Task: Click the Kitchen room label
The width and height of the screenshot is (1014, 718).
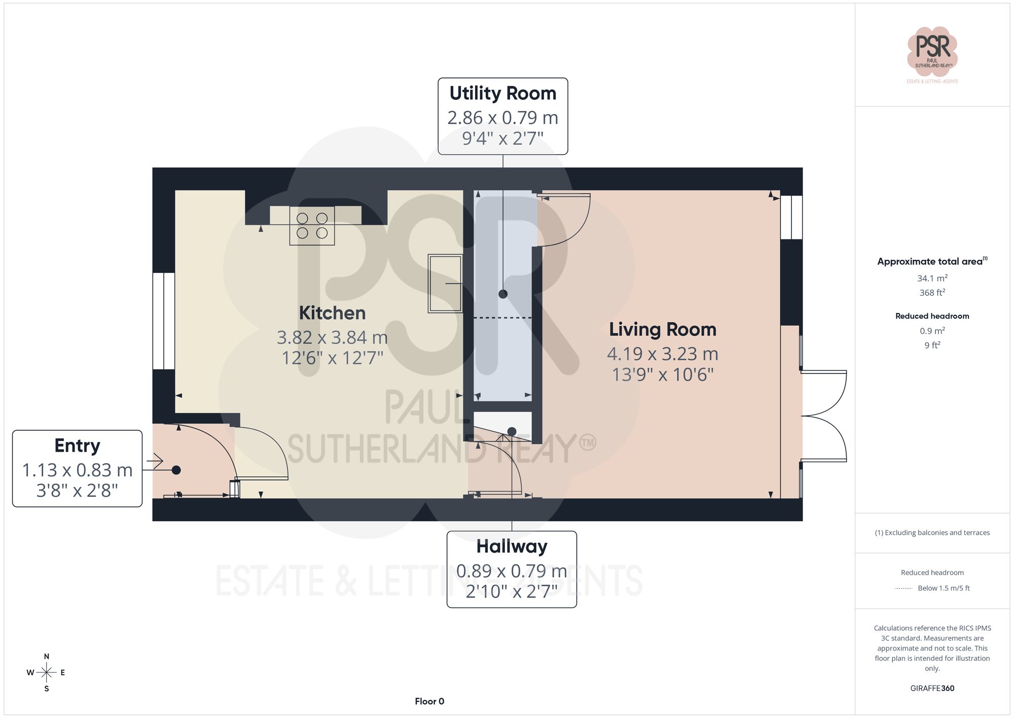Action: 332,313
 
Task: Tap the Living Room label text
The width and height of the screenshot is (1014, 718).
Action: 663,329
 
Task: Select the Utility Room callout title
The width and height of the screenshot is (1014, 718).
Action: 502,93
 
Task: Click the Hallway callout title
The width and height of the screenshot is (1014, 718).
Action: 512,546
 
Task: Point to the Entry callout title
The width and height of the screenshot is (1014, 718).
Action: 77,446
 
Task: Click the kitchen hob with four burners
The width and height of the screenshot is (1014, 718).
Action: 312,226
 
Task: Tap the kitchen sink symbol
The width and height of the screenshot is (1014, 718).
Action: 445,283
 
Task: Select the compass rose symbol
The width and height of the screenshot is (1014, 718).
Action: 46,673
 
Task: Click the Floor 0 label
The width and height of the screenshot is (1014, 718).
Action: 429,701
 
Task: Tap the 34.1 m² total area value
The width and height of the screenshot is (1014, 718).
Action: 932,278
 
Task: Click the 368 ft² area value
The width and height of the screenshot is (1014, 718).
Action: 932,293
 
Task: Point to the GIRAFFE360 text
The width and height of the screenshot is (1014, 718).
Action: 932,689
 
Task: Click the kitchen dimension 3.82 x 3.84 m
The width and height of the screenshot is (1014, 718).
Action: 332,337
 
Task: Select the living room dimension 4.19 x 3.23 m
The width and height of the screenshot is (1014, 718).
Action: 663,354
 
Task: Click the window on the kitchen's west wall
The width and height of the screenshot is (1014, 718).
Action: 164,321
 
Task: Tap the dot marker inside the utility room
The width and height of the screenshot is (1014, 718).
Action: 503,294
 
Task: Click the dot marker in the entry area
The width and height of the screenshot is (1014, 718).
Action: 176,470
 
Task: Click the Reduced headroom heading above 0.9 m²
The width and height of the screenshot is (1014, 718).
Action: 932,316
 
